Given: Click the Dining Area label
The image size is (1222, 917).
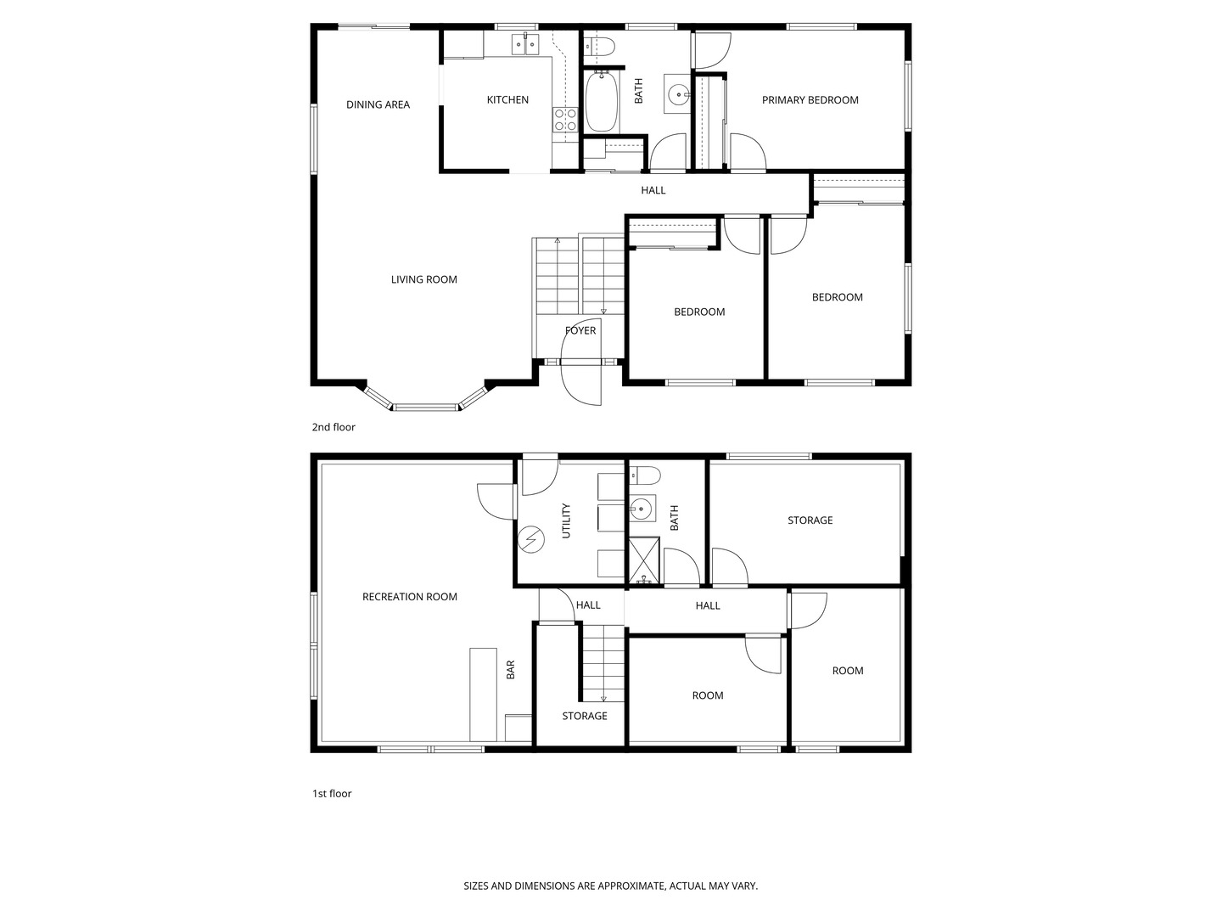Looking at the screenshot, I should click(378, 104).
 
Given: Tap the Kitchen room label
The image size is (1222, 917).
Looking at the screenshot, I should click(507, 100).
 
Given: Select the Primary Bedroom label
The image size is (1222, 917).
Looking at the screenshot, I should click(810, 100).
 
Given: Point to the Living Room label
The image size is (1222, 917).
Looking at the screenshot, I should click(423, 279).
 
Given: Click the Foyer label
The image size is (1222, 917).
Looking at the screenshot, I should click(580, 330).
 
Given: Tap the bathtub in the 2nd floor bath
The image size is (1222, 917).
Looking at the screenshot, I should click(602, 101).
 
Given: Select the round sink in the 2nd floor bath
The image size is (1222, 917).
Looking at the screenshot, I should click(678, 94).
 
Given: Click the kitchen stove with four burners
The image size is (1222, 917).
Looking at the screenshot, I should click(565, 120).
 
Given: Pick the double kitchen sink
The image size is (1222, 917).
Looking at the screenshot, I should click(525, 44).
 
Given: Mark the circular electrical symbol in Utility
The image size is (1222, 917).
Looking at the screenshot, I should click(532, 540).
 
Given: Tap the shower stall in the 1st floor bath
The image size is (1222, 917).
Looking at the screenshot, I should click(644, 560).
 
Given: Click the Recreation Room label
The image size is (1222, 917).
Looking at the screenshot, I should click(409, 597).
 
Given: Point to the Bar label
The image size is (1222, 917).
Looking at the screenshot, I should click(511, 670).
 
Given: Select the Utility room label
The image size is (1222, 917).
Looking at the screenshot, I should click(566, 520).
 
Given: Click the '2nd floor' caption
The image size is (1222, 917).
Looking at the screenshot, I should click(334, 427).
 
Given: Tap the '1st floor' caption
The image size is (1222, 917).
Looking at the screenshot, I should click(331, 794).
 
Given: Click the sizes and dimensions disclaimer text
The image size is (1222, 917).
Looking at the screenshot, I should click(610, 886).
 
